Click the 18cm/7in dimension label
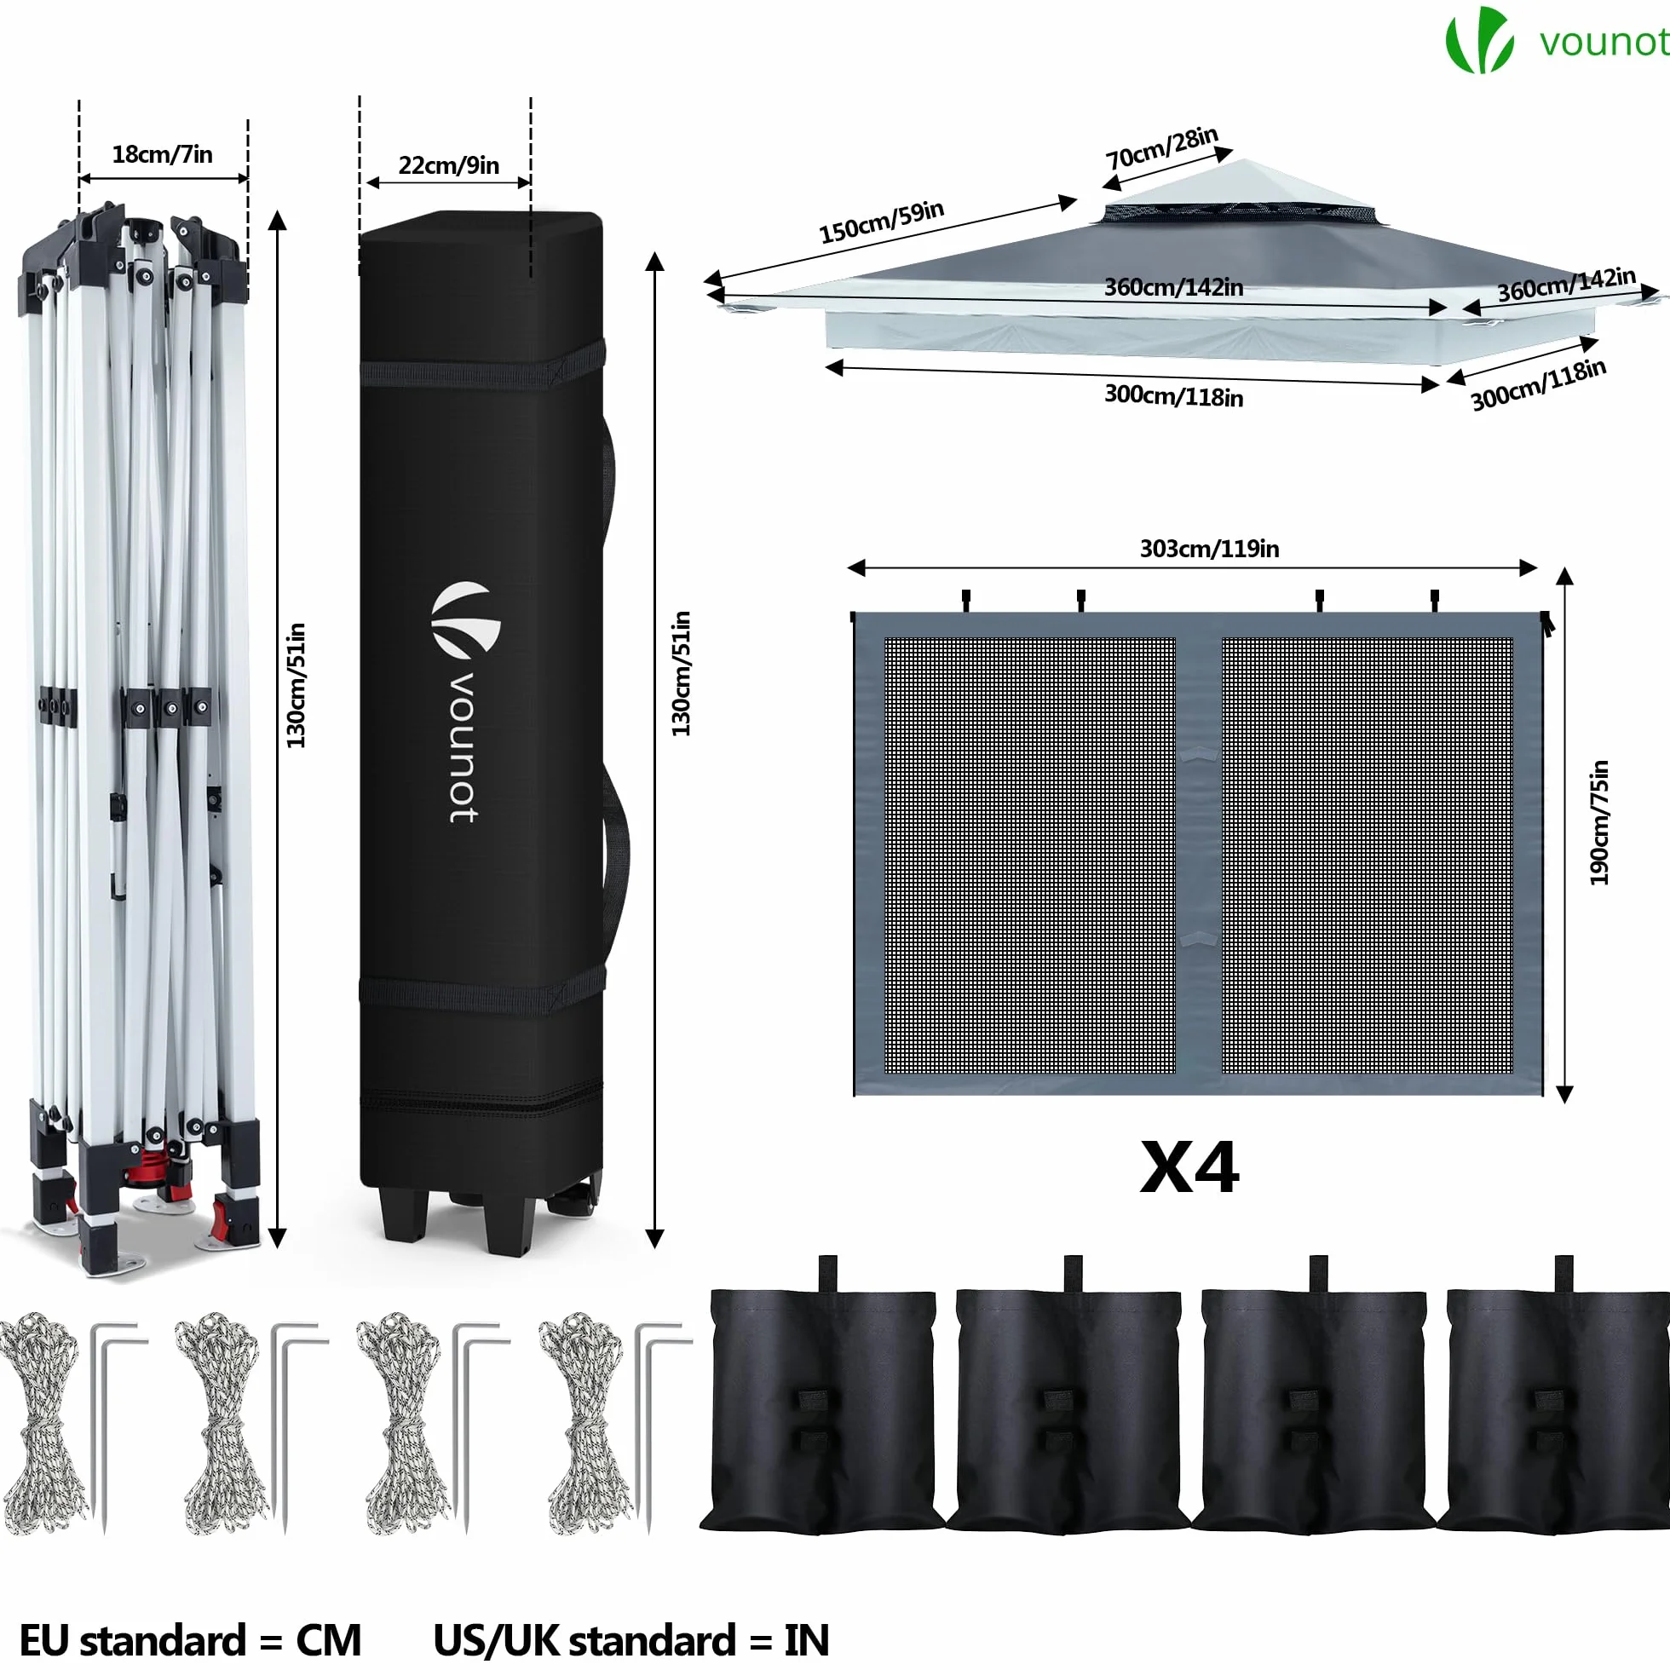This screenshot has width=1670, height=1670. [163, 154]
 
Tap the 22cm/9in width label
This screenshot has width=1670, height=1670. [449, 165]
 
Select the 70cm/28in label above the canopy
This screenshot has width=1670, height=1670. [1161, 147]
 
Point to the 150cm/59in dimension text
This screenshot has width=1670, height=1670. [881, 222]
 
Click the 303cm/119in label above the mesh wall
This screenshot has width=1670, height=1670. [1209, 549]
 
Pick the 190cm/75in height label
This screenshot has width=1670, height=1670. [1599, 823]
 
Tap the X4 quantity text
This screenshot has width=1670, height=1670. [1189, 1168]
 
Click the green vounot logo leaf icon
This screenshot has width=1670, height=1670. [1479, 40]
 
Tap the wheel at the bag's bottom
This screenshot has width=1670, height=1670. [574, 1200]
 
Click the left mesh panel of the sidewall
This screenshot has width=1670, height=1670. [1029, 855]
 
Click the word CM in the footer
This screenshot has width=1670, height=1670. [329, 1641]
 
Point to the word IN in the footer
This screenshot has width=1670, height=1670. [807, 1641]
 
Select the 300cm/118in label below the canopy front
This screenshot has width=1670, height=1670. [1174, 396]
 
